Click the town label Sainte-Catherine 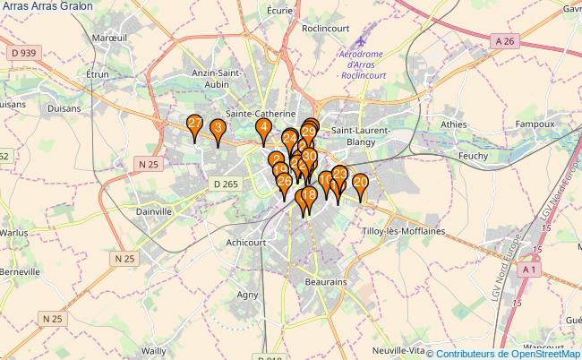[x=261, y=115]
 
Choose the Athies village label [x=454, y=124]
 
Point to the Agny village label [x=248, y=294]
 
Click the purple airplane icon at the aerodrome [x=362, y=40]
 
